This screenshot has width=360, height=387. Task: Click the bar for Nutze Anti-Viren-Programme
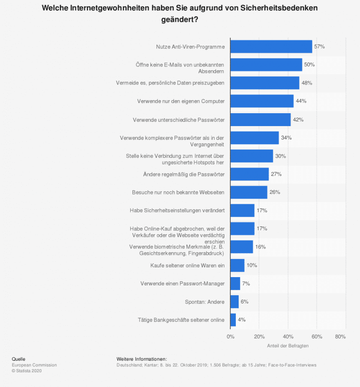point(271,47)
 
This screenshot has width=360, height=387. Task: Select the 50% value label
point(309,65)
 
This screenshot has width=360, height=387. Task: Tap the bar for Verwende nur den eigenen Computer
point(262,101)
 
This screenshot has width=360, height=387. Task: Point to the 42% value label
point(298,120)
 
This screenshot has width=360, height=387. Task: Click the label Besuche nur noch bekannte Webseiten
point(178,192)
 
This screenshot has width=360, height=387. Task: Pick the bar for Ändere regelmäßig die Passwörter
point(249,174)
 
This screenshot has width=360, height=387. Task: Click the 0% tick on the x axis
point(230,337)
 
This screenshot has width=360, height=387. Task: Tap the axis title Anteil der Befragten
point(288,345)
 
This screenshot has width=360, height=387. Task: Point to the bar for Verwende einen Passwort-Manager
point(235,284)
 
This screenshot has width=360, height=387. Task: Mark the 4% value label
point(241,320)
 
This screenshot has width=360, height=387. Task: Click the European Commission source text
point(34,365)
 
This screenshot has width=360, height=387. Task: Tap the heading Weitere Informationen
point(142,359)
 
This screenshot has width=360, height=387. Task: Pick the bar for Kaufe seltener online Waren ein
point(237,265)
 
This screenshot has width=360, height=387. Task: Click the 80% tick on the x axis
point(340,337)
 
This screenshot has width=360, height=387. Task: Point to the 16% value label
point(260,247)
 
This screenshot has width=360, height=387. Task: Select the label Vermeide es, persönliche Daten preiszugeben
point(170,83)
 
